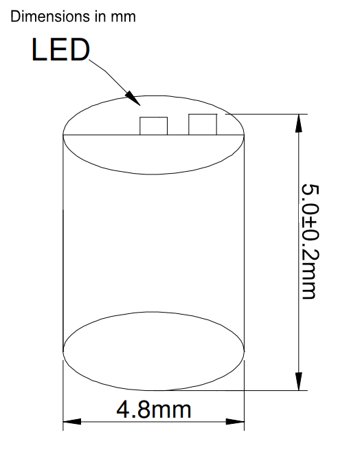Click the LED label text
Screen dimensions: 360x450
pyautogui.click(x=60, y=49)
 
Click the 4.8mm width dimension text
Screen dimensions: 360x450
pyautogui.click(x=154, y=409)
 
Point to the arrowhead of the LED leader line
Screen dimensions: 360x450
pyautogui.click(x=133, y=98)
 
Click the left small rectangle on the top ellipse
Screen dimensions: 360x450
pyautogui.click(x=154, y=126)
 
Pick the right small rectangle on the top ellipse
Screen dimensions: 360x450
pyautogui.click(x=203, y=124)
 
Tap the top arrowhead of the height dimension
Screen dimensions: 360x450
pyautogui.click(x=299, y=123)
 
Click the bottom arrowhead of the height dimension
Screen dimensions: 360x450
pyautogui.click(x=299, y=381)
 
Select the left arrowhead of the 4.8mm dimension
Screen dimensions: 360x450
pyautogui.click(x=72, y=422)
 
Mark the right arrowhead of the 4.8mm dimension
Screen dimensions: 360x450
pyautogui.click(x=235, y=422)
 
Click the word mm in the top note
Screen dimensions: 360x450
pyautogui.click(x=124, y=17)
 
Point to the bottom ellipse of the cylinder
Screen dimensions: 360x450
pyautogui.click(x=154, y=312)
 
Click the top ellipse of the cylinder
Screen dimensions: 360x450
pyautogui.click(x=154, y=96)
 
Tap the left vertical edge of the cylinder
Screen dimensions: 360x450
pyautogui.click(x=63, y=243)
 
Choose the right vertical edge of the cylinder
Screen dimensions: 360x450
pyautogui.click(x=244, y=243)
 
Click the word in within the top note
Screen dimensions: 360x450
pyautogui.click(x=101, y=16)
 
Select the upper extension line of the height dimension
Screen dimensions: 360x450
pyautogui.click(x=267, y=114)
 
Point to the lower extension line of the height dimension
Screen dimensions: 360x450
pyautogui.click(x=227, y=390)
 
